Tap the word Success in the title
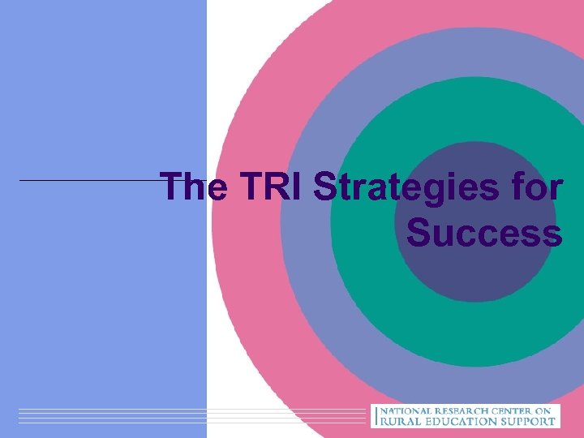pos(484,233)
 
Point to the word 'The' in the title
pos(194,188)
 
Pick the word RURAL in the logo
pos(399,422)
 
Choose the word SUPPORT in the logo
pos(530,422)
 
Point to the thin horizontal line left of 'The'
pos(89,180)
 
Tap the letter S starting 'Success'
pos(419,233)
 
